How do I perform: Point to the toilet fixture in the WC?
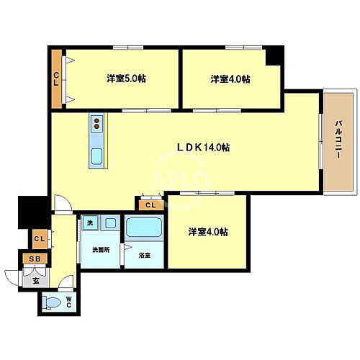52,303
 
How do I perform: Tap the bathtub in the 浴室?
143,230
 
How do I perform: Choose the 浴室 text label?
145,255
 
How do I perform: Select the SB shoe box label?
34,259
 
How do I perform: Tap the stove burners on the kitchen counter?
96,123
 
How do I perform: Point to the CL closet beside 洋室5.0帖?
56,78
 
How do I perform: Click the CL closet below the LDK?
150,205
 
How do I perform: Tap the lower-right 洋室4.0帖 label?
208,232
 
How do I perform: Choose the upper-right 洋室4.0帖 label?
230,78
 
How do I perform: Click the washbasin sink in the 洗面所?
110,225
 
